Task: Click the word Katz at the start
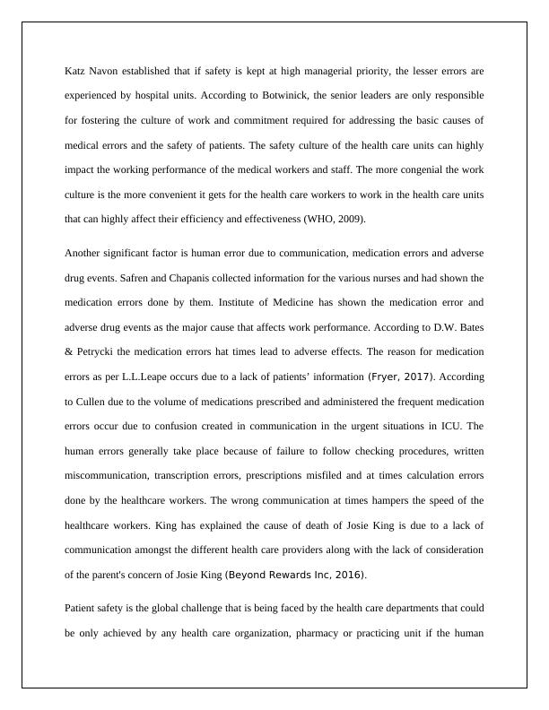tap(74, 70)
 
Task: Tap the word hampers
tap(390, 499)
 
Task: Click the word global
tap(161, 608)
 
